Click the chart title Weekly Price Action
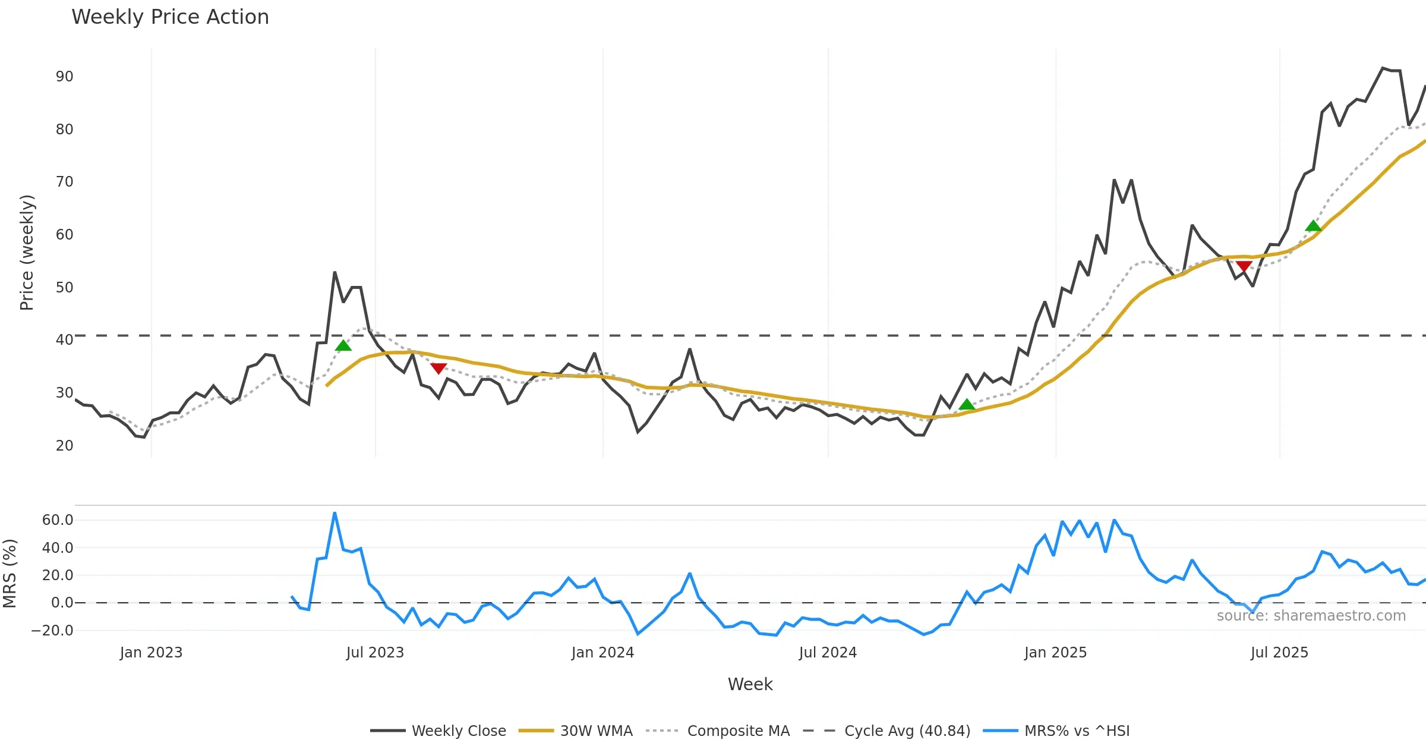170,17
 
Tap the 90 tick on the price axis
64,77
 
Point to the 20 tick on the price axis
64,446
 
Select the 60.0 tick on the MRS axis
58,520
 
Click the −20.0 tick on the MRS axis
52,631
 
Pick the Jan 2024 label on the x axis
602,653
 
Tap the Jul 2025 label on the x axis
1279,653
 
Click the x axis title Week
750,685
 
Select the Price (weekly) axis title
27,253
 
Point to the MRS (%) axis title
10,574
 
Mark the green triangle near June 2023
343,346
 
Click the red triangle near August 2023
438,369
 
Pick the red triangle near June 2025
1244,266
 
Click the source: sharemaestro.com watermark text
1311,616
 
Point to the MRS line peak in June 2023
335,513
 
